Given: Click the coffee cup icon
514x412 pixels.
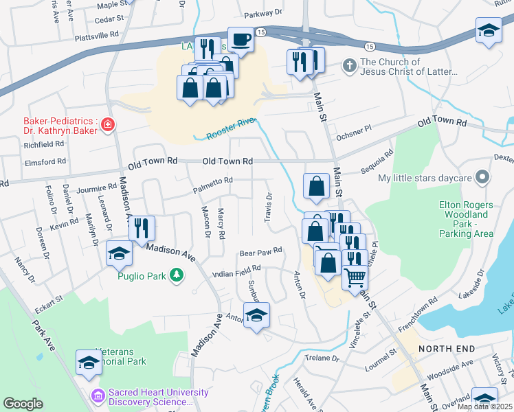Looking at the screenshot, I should pyautogui.click(x=241, y=40).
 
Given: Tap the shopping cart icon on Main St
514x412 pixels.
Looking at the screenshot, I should pyautogui.click(x=355, y=277).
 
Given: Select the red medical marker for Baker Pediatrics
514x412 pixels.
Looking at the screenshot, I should pyautogui.click(x=108, y=124).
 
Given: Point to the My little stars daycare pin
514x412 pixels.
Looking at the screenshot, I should pyautogui.click(x=482, y=178).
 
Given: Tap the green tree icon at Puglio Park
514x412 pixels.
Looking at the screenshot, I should pyautogui.click(x=177, y=275).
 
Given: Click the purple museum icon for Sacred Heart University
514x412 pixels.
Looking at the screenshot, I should pyautogui.click(x=97, y=397).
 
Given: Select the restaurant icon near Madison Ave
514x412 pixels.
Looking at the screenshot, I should pyautogui.click(x=142, y=228).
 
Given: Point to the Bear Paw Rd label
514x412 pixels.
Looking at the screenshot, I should pyautogui.click(x=260, y=253).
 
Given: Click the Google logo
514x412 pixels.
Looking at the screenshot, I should pyautogui.click(x=23, y=403).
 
